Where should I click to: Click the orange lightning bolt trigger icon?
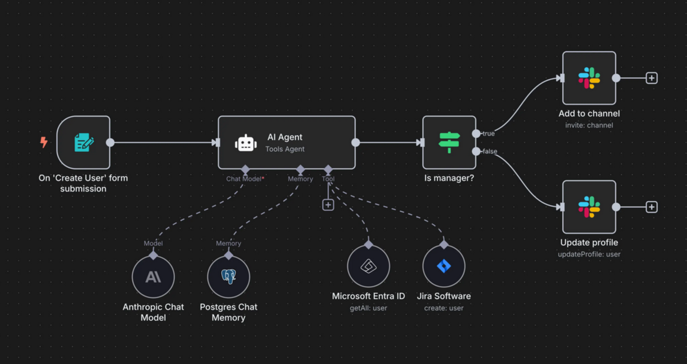(x=44, y=142)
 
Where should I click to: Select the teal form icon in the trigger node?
(x=84, y=142)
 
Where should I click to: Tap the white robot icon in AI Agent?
(x=246, y=143)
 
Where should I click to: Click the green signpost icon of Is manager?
(x=449, y=142)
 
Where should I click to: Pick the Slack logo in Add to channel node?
(x=589, y=78)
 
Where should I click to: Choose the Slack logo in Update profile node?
(x=589, y=207)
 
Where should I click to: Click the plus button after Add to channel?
(x=651, y=78)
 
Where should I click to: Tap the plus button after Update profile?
(x=651, y=207)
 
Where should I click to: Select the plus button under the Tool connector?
(x=328, y=205)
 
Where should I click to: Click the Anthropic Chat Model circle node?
(x=153, y=277)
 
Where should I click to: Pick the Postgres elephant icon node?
(x=229, y=277)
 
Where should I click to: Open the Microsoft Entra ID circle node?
(x=368, y=266)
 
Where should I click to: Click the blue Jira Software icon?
(x=444, y=266)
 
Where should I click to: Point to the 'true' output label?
(x=488, y=134)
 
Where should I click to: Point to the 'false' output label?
(x=490, y=151)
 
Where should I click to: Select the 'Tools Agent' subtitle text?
(x=285, y=149)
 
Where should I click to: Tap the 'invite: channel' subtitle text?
(x=589, y=125)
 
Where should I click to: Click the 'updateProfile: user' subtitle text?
(x=589, y=254)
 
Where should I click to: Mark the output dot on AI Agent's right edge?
(x=355, y=143)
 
